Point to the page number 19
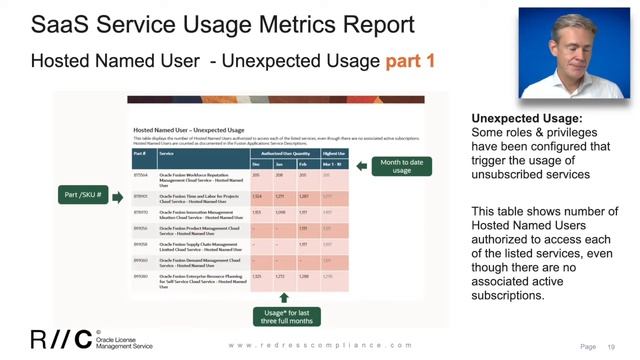[x=611, y=345]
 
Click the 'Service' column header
[x=166, y=154]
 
